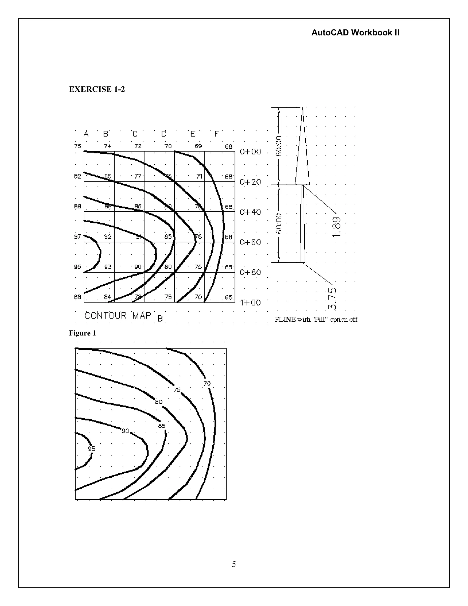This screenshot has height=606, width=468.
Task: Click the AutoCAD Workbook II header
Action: point(355,33)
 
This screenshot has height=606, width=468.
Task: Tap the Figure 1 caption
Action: point(82,333)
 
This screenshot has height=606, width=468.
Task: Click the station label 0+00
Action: point(250,152)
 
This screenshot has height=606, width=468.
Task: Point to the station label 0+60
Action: point(250,242)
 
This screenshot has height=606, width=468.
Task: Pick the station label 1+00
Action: point(250,303)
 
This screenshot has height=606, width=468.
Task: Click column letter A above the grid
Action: point(86,134)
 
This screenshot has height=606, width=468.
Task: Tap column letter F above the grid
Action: point(217,134)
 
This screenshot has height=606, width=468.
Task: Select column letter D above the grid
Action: point(164,134)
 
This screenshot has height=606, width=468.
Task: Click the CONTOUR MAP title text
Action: point(118,316)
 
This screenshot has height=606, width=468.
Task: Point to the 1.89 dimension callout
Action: point(336,227)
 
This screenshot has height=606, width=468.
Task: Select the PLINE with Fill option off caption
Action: point(316,319)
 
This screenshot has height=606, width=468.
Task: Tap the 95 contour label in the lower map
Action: point(91,449)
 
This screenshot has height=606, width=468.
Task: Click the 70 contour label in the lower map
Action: point(207,384)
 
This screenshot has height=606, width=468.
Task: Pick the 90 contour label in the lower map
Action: point(125,431)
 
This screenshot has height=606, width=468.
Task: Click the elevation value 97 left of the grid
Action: point(77,236)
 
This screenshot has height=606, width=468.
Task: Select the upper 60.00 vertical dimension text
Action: point(279,146)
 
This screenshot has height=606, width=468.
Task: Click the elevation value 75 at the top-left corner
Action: point(78,146)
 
